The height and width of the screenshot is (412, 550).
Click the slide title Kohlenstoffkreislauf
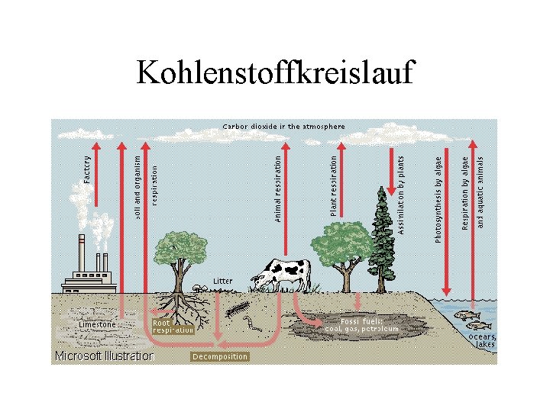275,72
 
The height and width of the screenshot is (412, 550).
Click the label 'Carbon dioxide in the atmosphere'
283,126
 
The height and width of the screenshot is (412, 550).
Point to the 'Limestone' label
97,324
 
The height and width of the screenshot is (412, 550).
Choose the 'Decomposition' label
220,356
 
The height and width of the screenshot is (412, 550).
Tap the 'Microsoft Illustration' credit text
104,356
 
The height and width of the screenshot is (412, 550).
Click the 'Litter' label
222,281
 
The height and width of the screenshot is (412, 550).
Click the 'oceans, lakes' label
483,340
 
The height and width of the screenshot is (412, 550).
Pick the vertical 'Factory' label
87,170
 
